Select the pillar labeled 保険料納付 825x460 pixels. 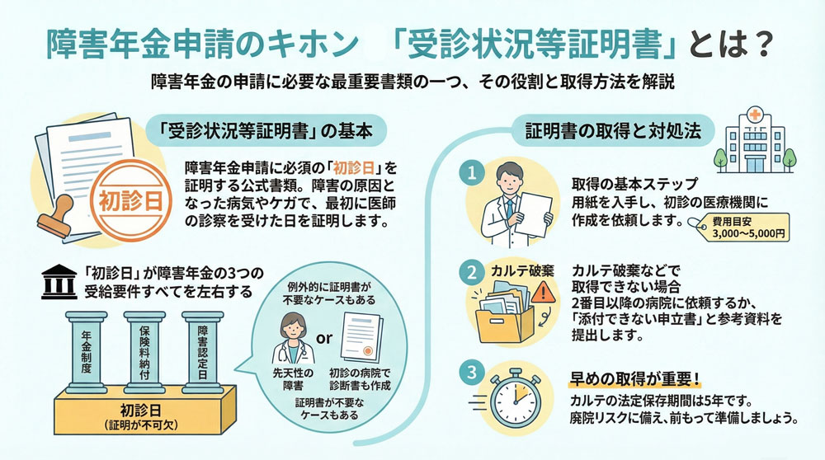pos(144,354)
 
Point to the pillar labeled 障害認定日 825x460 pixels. pos(200,354)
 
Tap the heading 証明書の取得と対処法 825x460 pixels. pos(602,130)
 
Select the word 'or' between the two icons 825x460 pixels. pos(324,339)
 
